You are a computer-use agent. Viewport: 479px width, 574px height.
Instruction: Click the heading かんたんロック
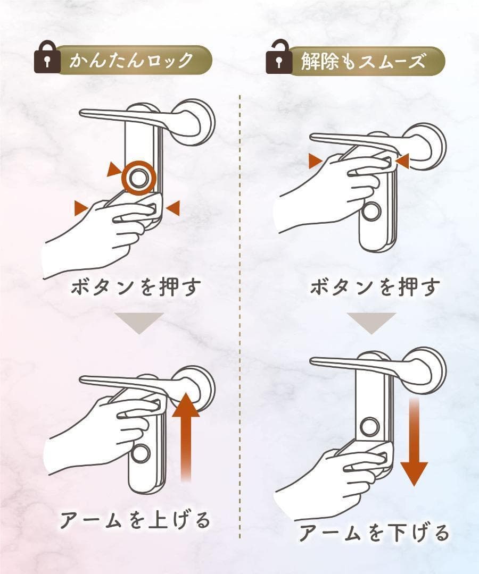pyautogui.click(x=131, y=60)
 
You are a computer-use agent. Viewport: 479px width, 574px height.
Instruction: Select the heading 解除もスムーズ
pyautogui.click(x=363, y=61)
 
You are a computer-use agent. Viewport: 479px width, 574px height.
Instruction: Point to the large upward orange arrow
pyautogui.click(x=186, y=437)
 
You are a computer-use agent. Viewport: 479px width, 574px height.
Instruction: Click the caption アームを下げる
pyautogui.click(x=374, y=533)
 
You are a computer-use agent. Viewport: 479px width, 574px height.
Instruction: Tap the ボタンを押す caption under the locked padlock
pyautogui.click(x=136, y=286)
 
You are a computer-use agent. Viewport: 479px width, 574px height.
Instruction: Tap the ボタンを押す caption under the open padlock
pyautogui.click(x=375, y=286)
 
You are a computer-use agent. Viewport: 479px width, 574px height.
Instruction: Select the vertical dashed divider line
pyautogui.click(x=240, y=317)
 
